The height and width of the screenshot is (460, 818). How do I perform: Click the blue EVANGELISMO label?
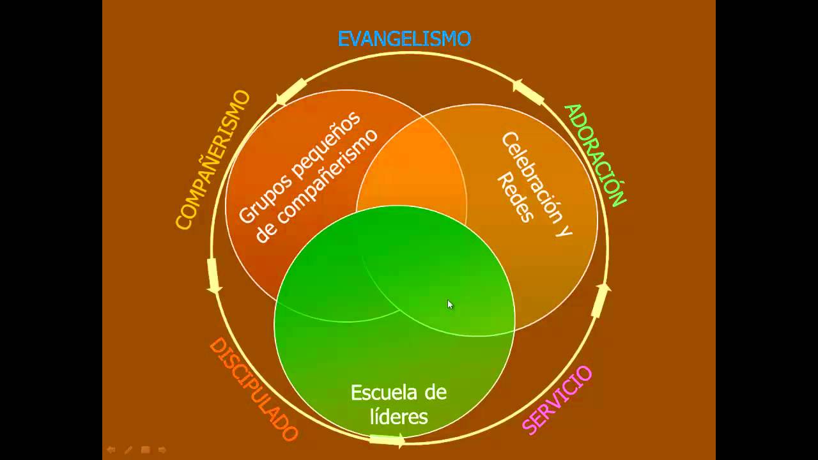click(x=404, y=39)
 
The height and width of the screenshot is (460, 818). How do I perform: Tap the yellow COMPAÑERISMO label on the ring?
click(x=212, y=160)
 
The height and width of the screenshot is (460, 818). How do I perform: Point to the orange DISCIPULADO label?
click(x=254, y=389)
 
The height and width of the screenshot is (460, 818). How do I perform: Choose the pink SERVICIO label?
click(x=557, y=400)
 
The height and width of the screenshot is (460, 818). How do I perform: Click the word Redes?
click(x=515, y=197)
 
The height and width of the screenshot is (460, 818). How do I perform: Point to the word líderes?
click(x=399, y=417)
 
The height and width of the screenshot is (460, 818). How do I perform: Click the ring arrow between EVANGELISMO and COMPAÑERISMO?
click(x=291, y=92)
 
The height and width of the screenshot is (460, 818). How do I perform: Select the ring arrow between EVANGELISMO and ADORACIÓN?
click(x=528, y=92)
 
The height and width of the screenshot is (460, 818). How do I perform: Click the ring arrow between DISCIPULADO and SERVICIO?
click(x=387, y=440)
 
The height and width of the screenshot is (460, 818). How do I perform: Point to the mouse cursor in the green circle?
click(x=450, y=305)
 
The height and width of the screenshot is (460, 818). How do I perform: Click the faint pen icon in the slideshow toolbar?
click(x=128, y=450)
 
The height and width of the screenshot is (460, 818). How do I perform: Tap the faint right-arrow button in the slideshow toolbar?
click(x=162, y=450)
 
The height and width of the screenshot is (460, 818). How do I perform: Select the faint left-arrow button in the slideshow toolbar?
click(x=111, y=450)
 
